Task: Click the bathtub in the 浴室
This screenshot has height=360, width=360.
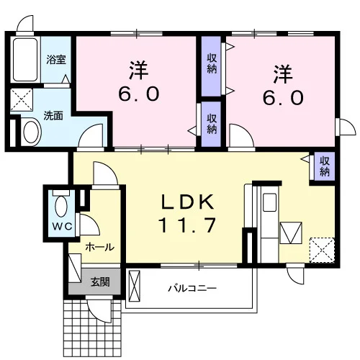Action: pos(25,60)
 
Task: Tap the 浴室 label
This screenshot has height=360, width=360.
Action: pos(56,59)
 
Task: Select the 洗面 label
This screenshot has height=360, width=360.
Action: pos(53,116)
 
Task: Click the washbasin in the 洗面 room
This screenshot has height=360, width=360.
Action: pos(32,132)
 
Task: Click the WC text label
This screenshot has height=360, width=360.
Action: pos(63,226)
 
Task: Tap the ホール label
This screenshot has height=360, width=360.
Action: pos(100,247)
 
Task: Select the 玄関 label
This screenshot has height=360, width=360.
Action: pos(100,282)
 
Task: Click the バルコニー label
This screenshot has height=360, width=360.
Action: pos(192,288)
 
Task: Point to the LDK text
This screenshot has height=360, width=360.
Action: pos(187,202)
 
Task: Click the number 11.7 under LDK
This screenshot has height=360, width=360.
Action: pos(187,225)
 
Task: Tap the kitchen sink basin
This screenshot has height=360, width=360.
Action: pos(269,202)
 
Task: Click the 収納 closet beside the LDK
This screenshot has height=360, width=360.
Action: pos(324,166)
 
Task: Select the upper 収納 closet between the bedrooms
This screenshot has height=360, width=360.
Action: pos(211,66)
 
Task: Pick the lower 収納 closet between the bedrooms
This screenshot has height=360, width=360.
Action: pos(211,124)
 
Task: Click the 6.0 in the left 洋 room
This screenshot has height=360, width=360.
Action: pos(138,94)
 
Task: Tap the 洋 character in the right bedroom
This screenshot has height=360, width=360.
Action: pos(283,74)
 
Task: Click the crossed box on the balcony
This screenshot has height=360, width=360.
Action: pos(134,286)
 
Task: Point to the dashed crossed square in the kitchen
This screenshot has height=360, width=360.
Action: pos(322,250)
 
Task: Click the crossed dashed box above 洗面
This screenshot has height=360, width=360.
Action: pos(22,99)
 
